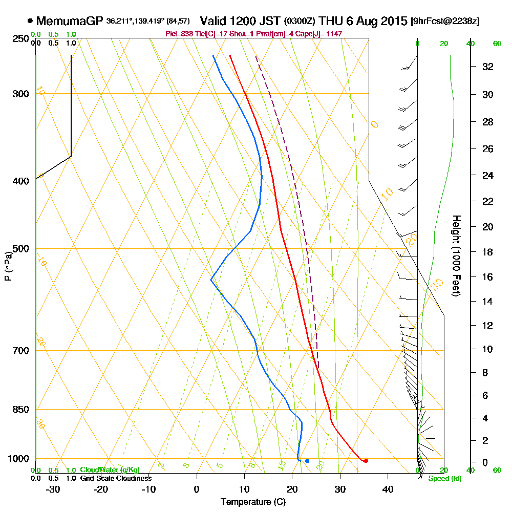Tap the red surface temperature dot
pos(366,461)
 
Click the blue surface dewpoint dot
pos(307,461)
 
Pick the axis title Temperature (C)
pos(253,502)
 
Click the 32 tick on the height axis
pos(487,67)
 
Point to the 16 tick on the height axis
pos(487,277)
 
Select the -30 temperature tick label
pos(53,489)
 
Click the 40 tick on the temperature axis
pos(388,489)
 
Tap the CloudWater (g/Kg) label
pos(110,470)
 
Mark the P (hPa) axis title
pos(8,266)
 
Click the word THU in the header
pos(330,22)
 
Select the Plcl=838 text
pos(180,33)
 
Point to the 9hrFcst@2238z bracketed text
pos(445,22)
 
